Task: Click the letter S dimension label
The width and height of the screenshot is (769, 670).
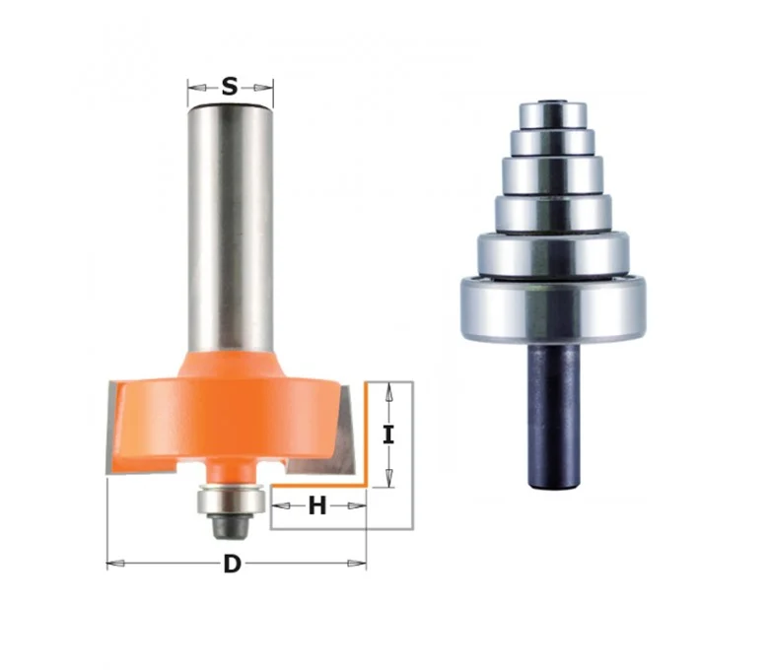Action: point(230,87)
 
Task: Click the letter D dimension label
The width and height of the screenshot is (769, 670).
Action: point(232,565)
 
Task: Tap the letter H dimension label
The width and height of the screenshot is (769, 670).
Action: point(316,505)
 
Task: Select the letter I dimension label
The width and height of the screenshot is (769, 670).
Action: point(388,435)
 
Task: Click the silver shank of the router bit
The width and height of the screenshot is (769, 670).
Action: point(231,227)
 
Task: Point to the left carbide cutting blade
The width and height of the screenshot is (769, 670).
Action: point(111,428)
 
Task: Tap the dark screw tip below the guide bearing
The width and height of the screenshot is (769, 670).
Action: point(231,526)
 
